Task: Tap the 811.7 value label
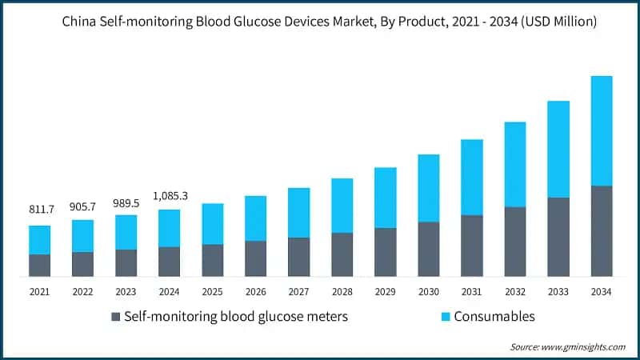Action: click(41, 210)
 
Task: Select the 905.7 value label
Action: click(83, 205)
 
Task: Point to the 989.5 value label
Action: click(126, 203)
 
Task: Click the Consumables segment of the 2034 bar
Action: click(601, 131)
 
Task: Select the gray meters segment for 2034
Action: click(601, 231)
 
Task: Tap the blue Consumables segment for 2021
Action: click(40, 240)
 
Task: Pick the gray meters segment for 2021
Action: click(40, 266)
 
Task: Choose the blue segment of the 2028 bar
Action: click(342, 206)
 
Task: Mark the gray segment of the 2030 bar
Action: click(429, 249)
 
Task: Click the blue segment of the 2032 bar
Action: click(515, 165)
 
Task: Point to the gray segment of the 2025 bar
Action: click(213, 261)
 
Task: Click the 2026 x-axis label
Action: click(256, 292)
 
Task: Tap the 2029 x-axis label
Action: click(386, 292)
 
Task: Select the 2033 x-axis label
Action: click(558, 292)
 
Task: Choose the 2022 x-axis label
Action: click(83, 292)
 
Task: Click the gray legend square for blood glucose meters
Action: click(114, 317)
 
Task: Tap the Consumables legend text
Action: click(494, 317)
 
